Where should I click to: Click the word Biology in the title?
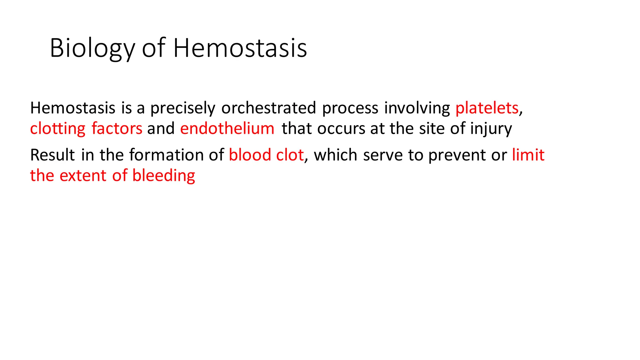(x=92, y=48)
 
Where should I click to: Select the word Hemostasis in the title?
(x=240, y=48)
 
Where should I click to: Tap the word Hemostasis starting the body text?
(x=73, y=108)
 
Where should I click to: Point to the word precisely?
(x=183, y=108)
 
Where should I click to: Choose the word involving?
(x=417, y=108)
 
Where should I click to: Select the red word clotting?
(x=57, y=129)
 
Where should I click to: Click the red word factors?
(x=117, y=129)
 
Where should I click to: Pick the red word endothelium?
(x=227, y=129)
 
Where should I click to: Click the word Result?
(x=52, y=155)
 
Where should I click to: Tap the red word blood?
(x=250, y=155)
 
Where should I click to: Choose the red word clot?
(x=290, y=155)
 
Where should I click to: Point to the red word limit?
(x=528, y=155)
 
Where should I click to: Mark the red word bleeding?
(x=164, y=176)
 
